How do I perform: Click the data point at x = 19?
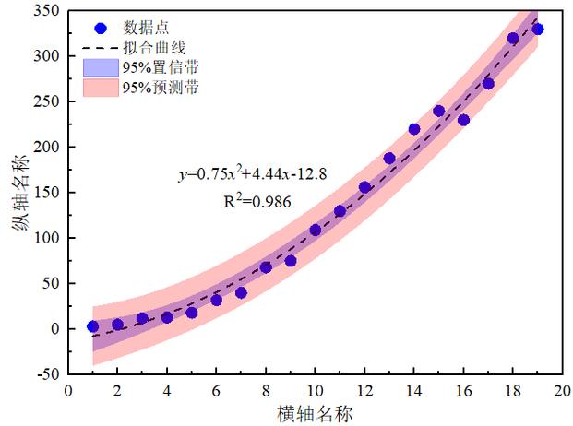[538, 30]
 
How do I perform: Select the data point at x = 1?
[93, 326]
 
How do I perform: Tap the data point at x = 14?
[414, 129]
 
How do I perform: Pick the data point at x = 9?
[291, 261]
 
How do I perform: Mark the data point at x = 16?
[463, 120]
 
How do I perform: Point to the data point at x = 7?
[241, 293]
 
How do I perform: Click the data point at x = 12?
[364, 187]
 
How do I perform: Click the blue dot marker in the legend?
[101, 28]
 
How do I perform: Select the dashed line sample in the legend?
[101, 48]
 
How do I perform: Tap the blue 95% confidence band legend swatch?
[101, 67]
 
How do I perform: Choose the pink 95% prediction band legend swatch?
[101, 88]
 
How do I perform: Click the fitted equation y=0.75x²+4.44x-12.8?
[253, 173]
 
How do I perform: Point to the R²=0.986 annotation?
[257, 201]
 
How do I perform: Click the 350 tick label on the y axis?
[46, 10]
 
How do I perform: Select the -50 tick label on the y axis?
[48, 373]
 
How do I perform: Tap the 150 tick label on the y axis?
[46, 193]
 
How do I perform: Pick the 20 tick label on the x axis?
[563, 391]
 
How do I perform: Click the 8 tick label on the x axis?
[266, 391]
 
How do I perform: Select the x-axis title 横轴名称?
[315, 414]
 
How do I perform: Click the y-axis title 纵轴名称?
[19, 193]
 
